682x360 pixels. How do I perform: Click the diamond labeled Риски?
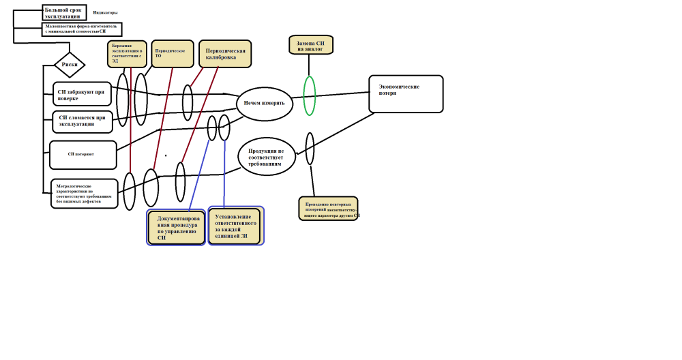point(70,65)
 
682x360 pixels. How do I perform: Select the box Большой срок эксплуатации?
point(64,13)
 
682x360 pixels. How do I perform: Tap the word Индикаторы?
point(105,13)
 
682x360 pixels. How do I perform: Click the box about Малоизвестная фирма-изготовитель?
point(81,29)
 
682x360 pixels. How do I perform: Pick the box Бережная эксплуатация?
point(127,54)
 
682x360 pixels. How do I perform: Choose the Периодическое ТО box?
point(172,53)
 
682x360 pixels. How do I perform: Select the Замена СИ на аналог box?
point(310,45)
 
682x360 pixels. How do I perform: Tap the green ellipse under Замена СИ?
point(309,95)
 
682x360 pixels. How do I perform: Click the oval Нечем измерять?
point(265,104)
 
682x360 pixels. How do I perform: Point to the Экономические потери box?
point(406,94)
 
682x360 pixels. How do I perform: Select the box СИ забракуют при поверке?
point(82,94)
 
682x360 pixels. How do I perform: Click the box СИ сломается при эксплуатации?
point(83,121)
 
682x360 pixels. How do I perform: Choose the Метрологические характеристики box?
point(85,194)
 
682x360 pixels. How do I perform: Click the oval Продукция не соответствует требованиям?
point(267,156)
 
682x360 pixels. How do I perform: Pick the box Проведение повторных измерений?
point(328,209)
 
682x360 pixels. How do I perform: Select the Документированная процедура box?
point(176,228)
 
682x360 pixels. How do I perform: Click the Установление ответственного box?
point(235,226)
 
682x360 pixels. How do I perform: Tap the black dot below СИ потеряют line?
point(166,155)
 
